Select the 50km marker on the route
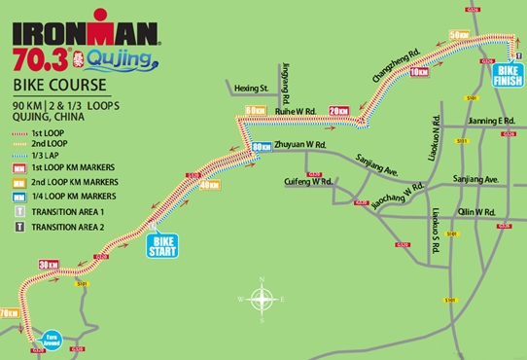459,36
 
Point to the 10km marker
420,73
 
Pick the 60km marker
256,110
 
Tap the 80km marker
261,147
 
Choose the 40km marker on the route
208,185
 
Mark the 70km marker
10,313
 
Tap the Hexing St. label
250,89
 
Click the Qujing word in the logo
118,60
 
